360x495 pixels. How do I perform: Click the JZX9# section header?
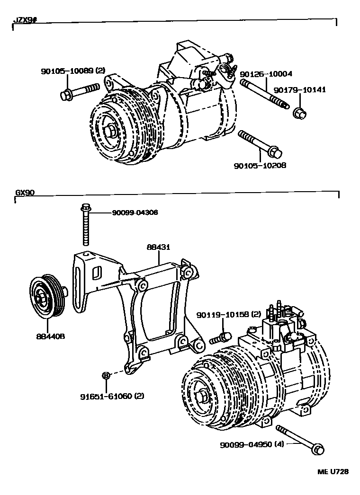click(23, 21)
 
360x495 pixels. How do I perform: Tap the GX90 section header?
click(24, 193)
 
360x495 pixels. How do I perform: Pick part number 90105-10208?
click(260, 166)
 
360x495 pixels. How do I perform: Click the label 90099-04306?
click(135, 213)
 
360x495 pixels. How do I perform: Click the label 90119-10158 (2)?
click(229, 314)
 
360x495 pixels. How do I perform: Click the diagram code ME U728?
click(333, 472)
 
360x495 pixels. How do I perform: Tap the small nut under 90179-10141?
click(299, 113)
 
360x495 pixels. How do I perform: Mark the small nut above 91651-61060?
click(106, 375)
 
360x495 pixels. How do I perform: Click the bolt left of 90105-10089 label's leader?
click(80, 90)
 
